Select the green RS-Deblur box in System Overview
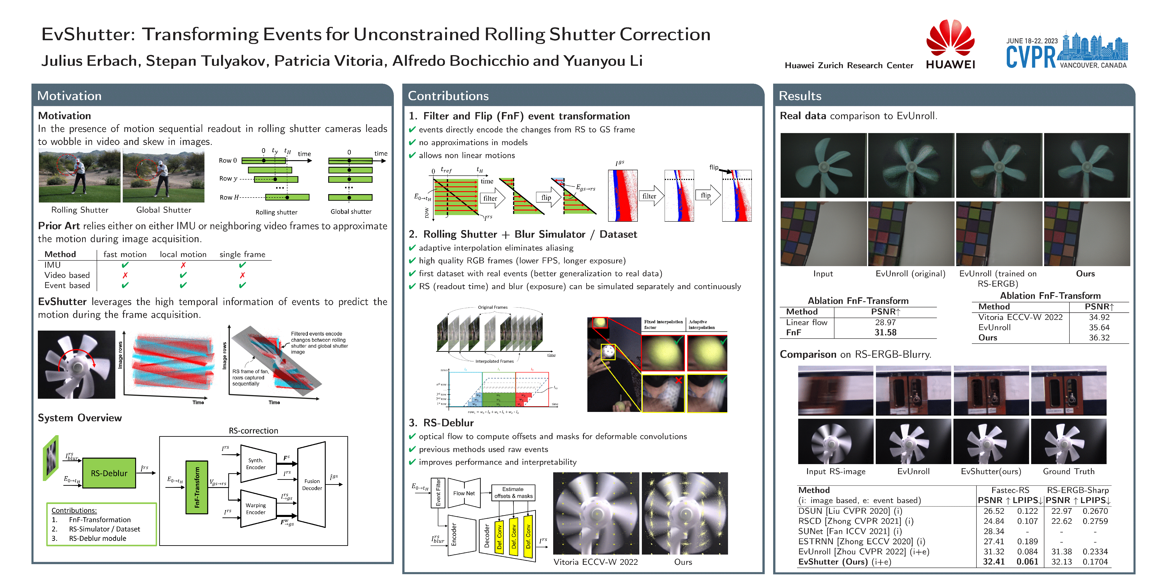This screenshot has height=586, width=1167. pyautogui.click(x=109, y=473)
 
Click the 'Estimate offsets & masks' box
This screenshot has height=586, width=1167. pyautogui.click(x=513, y=492)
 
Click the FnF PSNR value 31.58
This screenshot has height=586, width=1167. pyautogui.click(x=885, y=332)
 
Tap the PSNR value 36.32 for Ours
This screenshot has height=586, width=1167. pyautogui.click(x=1099, y=337)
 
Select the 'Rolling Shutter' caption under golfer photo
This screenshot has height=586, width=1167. pyautogui.click(x=80, y=210)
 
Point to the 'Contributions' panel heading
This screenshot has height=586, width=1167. pyautogui.click(x=448, y=95)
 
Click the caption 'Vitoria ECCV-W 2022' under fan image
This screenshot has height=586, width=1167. pyautogui.click(x=595, y=562)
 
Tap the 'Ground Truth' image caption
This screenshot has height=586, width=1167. pyautogui.click(x=1068, y=471)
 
